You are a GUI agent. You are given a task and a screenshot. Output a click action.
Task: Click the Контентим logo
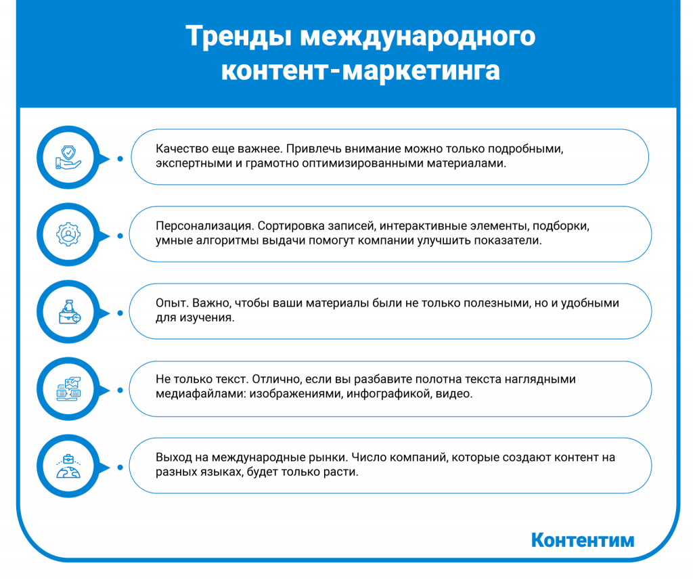coord(582,540)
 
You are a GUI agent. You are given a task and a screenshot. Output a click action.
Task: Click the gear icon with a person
coord(68,236)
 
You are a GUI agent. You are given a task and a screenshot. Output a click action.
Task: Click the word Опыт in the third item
coord(169,303)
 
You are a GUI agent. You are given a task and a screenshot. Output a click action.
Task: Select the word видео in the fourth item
coord(457,394)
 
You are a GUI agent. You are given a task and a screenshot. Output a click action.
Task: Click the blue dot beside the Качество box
coord(120,159)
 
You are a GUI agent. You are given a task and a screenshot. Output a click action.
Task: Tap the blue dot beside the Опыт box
coord(120,313)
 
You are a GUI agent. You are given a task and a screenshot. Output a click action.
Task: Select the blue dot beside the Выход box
coord(120,468)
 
